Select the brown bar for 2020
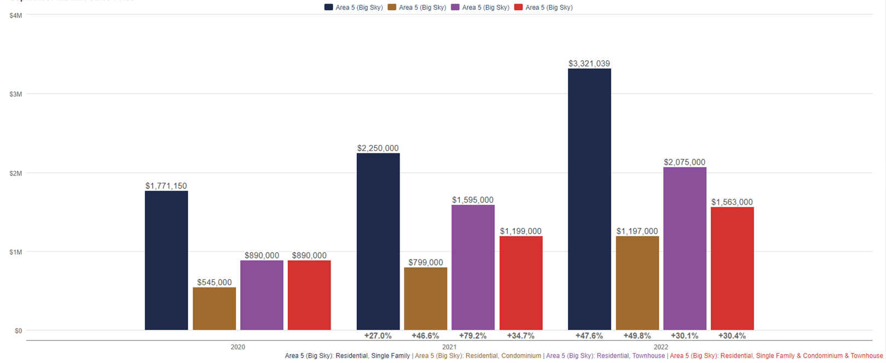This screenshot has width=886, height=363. click(x=214, y=309)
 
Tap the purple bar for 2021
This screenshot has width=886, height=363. click(x=473, y=268)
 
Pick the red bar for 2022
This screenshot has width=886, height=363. click(x=732, y=268)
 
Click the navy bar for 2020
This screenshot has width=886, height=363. click(x=166, y=261)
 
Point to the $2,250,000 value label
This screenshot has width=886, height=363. click(x=378, y=148)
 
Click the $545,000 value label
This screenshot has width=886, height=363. click(x=214, y=283)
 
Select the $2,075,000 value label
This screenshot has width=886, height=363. click(x=685, y=163)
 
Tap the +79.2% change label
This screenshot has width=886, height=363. click(x=473, y=336)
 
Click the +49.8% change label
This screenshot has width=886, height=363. click(x=637, y=336)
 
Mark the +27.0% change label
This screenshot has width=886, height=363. click(x=378, y=336)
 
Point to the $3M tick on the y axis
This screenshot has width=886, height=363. click(x=16, y=94)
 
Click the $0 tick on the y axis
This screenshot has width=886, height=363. click(x=19, y=331)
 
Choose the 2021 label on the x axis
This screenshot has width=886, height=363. click(x=449, y=347)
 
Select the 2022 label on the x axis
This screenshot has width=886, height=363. click(x=661, y=347)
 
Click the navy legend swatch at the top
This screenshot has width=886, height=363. click(x=328, y=8)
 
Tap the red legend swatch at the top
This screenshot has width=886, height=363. click(x=518, y=8)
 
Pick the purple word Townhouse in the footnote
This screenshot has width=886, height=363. click(x=648, y=356)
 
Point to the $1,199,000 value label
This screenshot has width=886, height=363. click(x=520, y=232)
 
